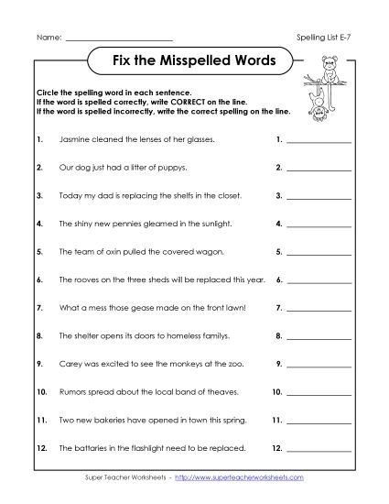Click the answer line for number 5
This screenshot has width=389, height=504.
(x=319, y=251)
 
